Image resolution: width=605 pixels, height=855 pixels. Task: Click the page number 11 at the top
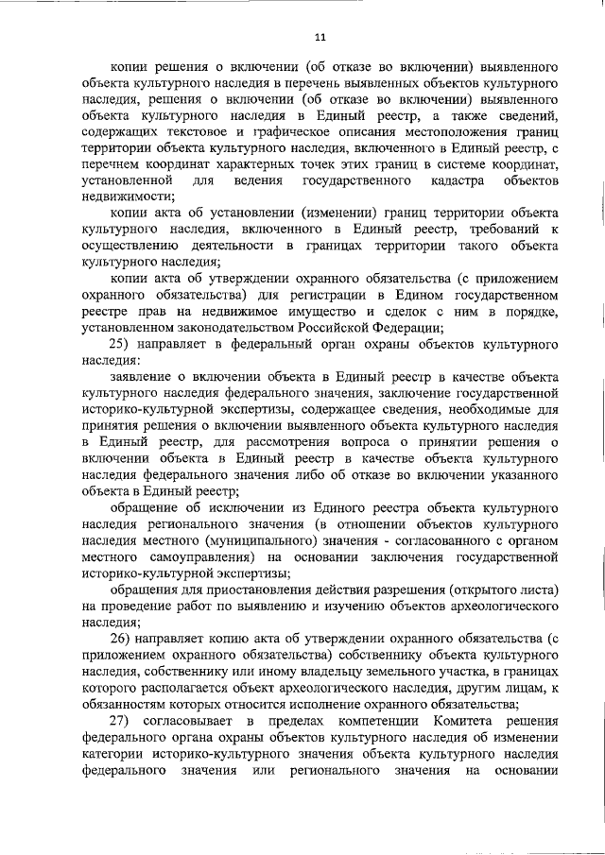[320, 37]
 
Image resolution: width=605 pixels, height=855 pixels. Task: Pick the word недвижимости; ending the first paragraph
[128, 196]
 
